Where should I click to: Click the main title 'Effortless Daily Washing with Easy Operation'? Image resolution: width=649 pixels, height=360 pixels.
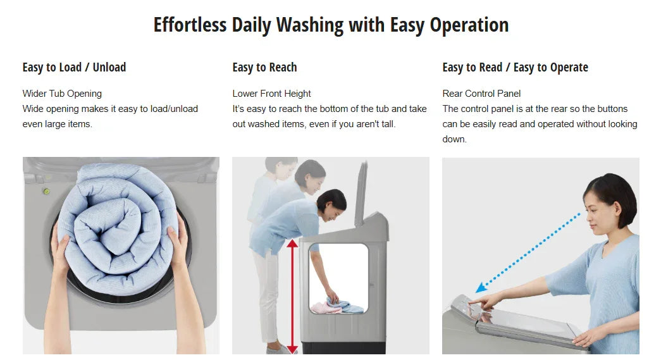(x=331, y=25)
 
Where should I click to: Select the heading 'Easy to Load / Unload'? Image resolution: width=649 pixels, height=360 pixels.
(x=74, y=67)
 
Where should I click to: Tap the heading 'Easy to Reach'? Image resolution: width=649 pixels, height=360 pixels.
(x=264, y=67)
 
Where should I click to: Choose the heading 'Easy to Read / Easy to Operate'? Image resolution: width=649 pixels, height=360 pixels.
(x=515, y=67)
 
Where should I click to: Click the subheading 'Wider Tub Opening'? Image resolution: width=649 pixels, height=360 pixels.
(x=62, y=94)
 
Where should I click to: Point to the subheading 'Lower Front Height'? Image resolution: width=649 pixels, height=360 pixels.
(x=271, y=94)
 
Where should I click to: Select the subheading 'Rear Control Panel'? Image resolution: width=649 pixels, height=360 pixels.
(x=481, y=94)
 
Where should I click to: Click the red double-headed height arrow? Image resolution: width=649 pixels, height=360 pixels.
(x=292, y=296)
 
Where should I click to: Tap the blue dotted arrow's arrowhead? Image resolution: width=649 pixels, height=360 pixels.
(x=481, y=287)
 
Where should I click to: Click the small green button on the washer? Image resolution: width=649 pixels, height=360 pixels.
(x=46, y=191)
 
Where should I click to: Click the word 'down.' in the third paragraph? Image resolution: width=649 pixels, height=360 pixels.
(x=454, y=139)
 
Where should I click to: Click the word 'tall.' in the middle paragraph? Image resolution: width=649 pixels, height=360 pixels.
(x=388, y=124)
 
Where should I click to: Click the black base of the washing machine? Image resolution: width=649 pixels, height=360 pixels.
(x=343, y=347)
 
